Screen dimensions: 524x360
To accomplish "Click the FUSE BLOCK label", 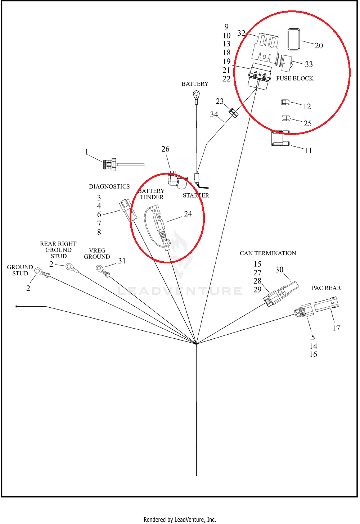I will click(x=294, y=78).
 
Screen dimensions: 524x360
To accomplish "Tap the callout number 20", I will click(x=319, y=46).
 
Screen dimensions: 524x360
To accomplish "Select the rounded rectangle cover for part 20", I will click(x=294, y=40).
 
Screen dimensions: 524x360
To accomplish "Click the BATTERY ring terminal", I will click(x=196, y=95).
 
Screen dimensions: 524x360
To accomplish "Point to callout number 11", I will click(x=309, y=150).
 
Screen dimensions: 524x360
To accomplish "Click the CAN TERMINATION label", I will click(x=268, y=253).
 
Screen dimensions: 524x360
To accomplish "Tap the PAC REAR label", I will click(x=326, y=288).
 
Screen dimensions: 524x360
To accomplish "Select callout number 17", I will click(x=336, y=328).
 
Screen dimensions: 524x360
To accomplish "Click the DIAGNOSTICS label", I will click(x=109, y=186).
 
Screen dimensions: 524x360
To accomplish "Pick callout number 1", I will click(x=87, y=152).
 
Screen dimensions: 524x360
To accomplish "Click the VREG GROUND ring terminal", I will click(x=99, y=268).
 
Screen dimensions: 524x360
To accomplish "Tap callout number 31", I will click(x=122, y=261).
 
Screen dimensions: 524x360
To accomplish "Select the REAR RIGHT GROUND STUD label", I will click(x=58, y=250).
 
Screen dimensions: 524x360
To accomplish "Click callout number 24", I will click(x=188, y=214).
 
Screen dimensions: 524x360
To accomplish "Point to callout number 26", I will click(x=165, y=149).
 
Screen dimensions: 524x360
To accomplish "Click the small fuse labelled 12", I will click(x=285, y=103).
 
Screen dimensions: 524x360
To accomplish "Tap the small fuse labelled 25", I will click(x=285, y=118).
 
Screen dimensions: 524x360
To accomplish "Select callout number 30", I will click(x=279, y=270).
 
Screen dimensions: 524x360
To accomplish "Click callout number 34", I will click(x=214, y=114).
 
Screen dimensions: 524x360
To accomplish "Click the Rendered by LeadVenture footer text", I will click(x=180, y=519).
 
